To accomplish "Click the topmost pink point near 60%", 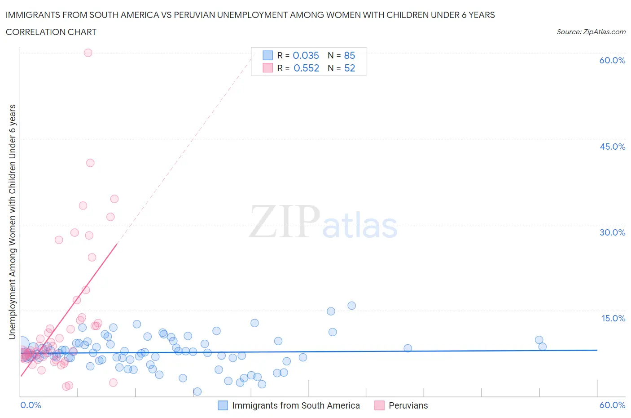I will [88, 53].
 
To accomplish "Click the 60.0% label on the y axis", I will [612, 60].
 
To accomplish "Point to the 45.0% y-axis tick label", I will [612, 147].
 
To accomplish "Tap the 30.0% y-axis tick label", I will [612, 232].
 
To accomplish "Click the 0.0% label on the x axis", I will [31, 405].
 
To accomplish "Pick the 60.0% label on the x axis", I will [612, 405].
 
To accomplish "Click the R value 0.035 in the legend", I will [306, 55].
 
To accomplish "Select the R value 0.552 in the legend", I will [306, 68].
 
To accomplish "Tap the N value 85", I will [349, 55].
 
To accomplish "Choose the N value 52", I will [349, 68].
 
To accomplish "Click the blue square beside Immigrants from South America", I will [223, 405].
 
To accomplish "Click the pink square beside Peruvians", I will [379, 405].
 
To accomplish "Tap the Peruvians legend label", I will [408, 405].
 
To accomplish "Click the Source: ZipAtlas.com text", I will [591, 32].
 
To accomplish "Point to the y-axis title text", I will [13, 222].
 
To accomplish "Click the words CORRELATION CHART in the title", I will [51, 32].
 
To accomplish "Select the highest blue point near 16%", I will [351, 306].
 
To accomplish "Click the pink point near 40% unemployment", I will [90, 163].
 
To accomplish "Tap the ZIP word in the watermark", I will [284, 222].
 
